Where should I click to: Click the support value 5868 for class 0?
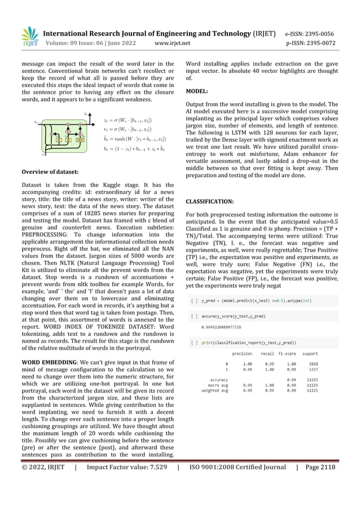tap(313, 363)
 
